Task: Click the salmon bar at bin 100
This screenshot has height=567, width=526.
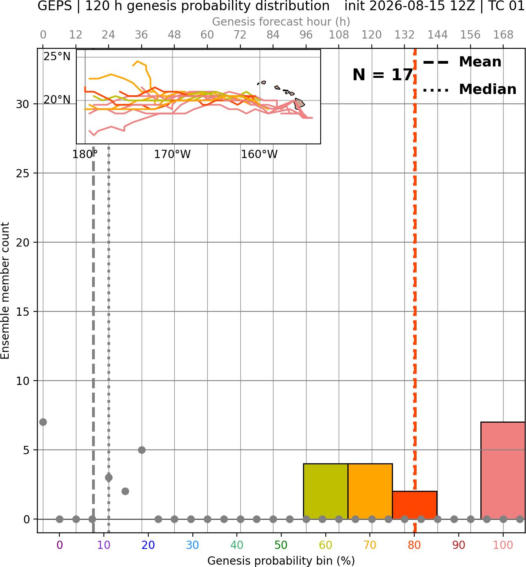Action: (503, 470)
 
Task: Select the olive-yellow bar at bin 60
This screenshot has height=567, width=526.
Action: (325, 491)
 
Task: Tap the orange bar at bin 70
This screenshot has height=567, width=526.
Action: (370, 491)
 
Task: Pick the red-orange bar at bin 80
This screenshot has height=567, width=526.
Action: (415, 505)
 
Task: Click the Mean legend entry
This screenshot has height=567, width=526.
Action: (462, 62)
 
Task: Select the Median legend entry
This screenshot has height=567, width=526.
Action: (469, 89)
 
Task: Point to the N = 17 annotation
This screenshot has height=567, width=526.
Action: (382, 75)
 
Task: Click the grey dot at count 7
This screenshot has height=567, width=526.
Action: (43, 422)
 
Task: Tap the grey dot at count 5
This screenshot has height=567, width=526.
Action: (142, 450)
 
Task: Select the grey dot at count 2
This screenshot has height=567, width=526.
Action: (125, 492)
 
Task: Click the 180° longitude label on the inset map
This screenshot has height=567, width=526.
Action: (85, 155)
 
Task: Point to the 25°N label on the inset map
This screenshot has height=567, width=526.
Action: (57, 57)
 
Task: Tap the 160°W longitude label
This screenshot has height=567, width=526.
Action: (259, 155)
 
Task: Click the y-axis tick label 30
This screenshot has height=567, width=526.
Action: (22, 104)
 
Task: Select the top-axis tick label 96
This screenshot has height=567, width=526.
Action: (306, 35)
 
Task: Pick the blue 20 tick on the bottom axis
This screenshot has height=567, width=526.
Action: (148, 545)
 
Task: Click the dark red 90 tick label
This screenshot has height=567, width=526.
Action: (459, 545)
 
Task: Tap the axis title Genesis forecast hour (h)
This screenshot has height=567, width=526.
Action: (281, 22)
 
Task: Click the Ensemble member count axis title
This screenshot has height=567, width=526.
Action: (5, 291)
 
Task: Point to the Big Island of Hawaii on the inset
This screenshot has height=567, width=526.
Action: (299, 103)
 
